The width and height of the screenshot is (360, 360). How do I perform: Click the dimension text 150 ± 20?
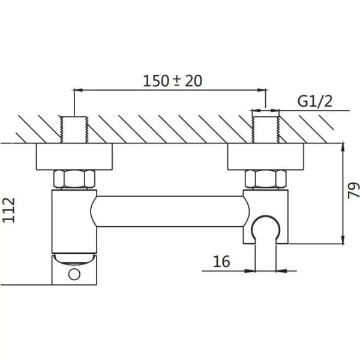[173, 81]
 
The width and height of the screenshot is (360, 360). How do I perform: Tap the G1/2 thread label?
[315, 101]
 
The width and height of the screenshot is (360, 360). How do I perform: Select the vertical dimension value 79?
[353, 190]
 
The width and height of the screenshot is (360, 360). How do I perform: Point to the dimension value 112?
[9, 210]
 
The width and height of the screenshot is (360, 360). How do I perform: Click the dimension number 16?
[221, 261]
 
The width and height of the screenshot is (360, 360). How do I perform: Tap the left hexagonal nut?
[74, 179]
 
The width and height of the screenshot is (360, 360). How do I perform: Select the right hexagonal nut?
[266, 179]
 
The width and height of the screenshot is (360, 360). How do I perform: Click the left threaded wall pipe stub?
[74, 130]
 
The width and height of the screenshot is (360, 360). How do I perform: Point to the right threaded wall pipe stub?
[266, 130]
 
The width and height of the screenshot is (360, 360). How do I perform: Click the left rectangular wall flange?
[74, 157]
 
